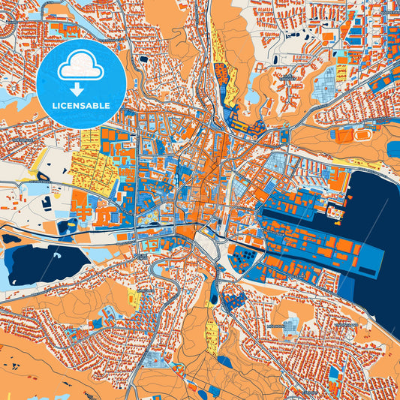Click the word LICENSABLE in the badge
click(x=80, y=106)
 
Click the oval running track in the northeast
click(x=365, y=134)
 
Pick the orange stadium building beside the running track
click(x=344, y=136)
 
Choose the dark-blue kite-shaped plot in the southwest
click(x=98, y=323)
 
